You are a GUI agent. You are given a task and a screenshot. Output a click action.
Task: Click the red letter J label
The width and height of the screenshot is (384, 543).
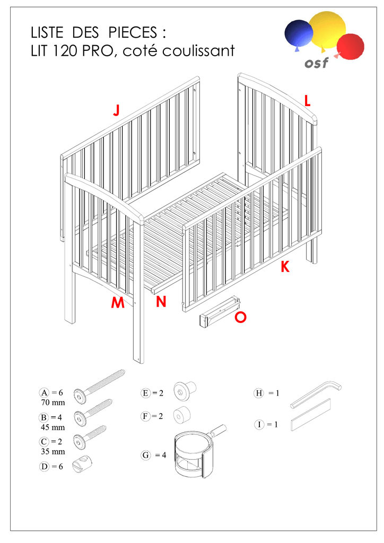(x=117, y=110)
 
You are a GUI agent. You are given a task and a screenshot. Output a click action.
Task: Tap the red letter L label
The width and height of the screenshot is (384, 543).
(x=307, y=100)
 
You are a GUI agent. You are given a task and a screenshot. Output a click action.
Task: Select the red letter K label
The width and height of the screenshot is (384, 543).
(x=285, y=267)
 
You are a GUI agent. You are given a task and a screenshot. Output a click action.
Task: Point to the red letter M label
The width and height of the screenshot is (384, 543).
(x=118, y=302)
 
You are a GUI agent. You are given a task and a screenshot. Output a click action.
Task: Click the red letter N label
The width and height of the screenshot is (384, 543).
(x=161, y=302)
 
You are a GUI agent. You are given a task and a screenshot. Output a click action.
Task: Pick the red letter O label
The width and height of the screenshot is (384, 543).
(x=240, y=317)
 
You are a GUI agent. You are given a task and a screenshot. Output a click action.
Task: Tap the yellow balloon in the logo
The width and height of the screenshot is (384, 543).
(x=327, y=30)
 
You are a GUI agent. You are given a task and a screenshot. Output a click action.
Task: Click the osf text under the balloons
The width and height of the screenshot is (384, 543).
(x=316, y=64)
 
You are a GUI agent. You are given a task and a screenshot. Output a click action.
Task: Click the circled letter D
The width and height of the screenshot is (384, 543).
(x=45, y=467)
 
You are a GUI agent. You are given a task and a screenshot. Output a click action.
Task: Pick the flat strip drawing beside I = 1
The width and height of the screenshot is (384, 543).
(x=311, y=415)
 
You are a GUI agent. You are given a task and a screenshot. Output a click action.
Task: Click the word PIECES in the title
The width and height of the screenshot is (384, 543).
(x=133, y=33)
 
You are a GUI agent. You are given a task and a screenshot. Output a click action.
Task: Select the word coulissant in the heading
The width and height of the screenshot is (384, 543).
(x=198, y=51)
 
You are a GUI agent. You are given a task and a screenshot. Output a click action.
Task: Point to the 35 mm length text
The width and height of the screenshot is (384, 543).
(x=53, y=452)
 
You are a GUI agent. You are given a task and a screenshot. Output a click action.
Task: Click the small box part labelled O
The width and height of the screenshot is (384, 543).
(x=220, y=311)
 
